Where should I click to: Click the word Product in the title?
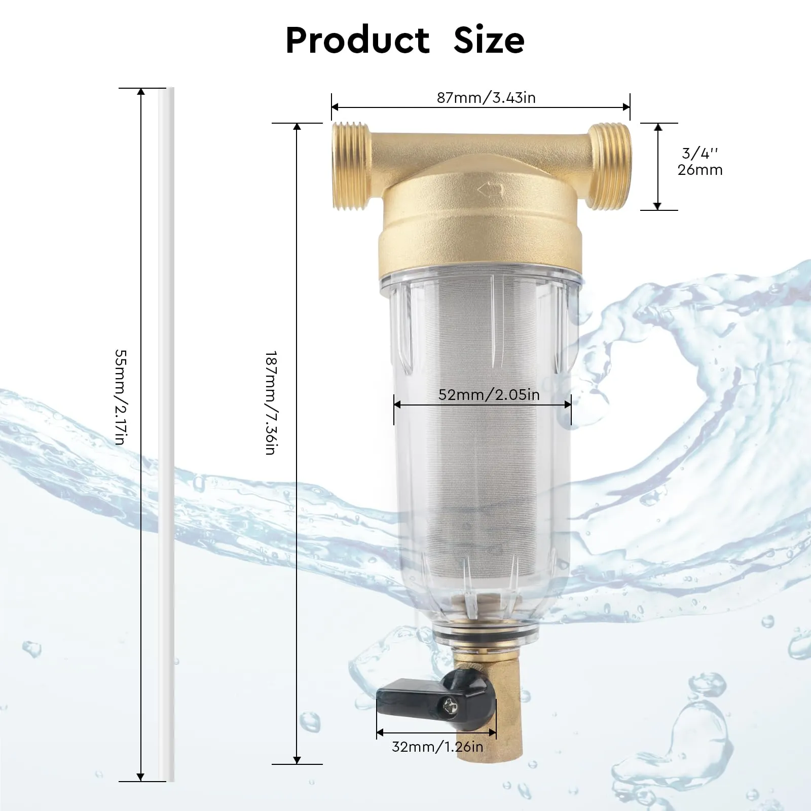pyautogui.click(x=357, y=40)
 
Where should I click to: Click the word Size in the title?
pyautogui.click(x=489, y=40)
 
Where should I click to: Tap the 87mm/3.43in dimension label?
pyautogui.click(x=486, y=98)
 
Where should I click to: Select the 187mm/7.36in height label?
pyautogui.click(x=270, y=402)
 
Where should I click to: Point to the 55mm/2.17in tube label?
pyautogui.click(x=120, y=397)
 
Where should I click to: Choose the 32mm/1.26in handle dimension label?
pyautogui.click(x=437, y=747)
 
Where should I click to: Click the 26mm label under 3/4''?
pyautogui.click(x=700, y=170)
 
